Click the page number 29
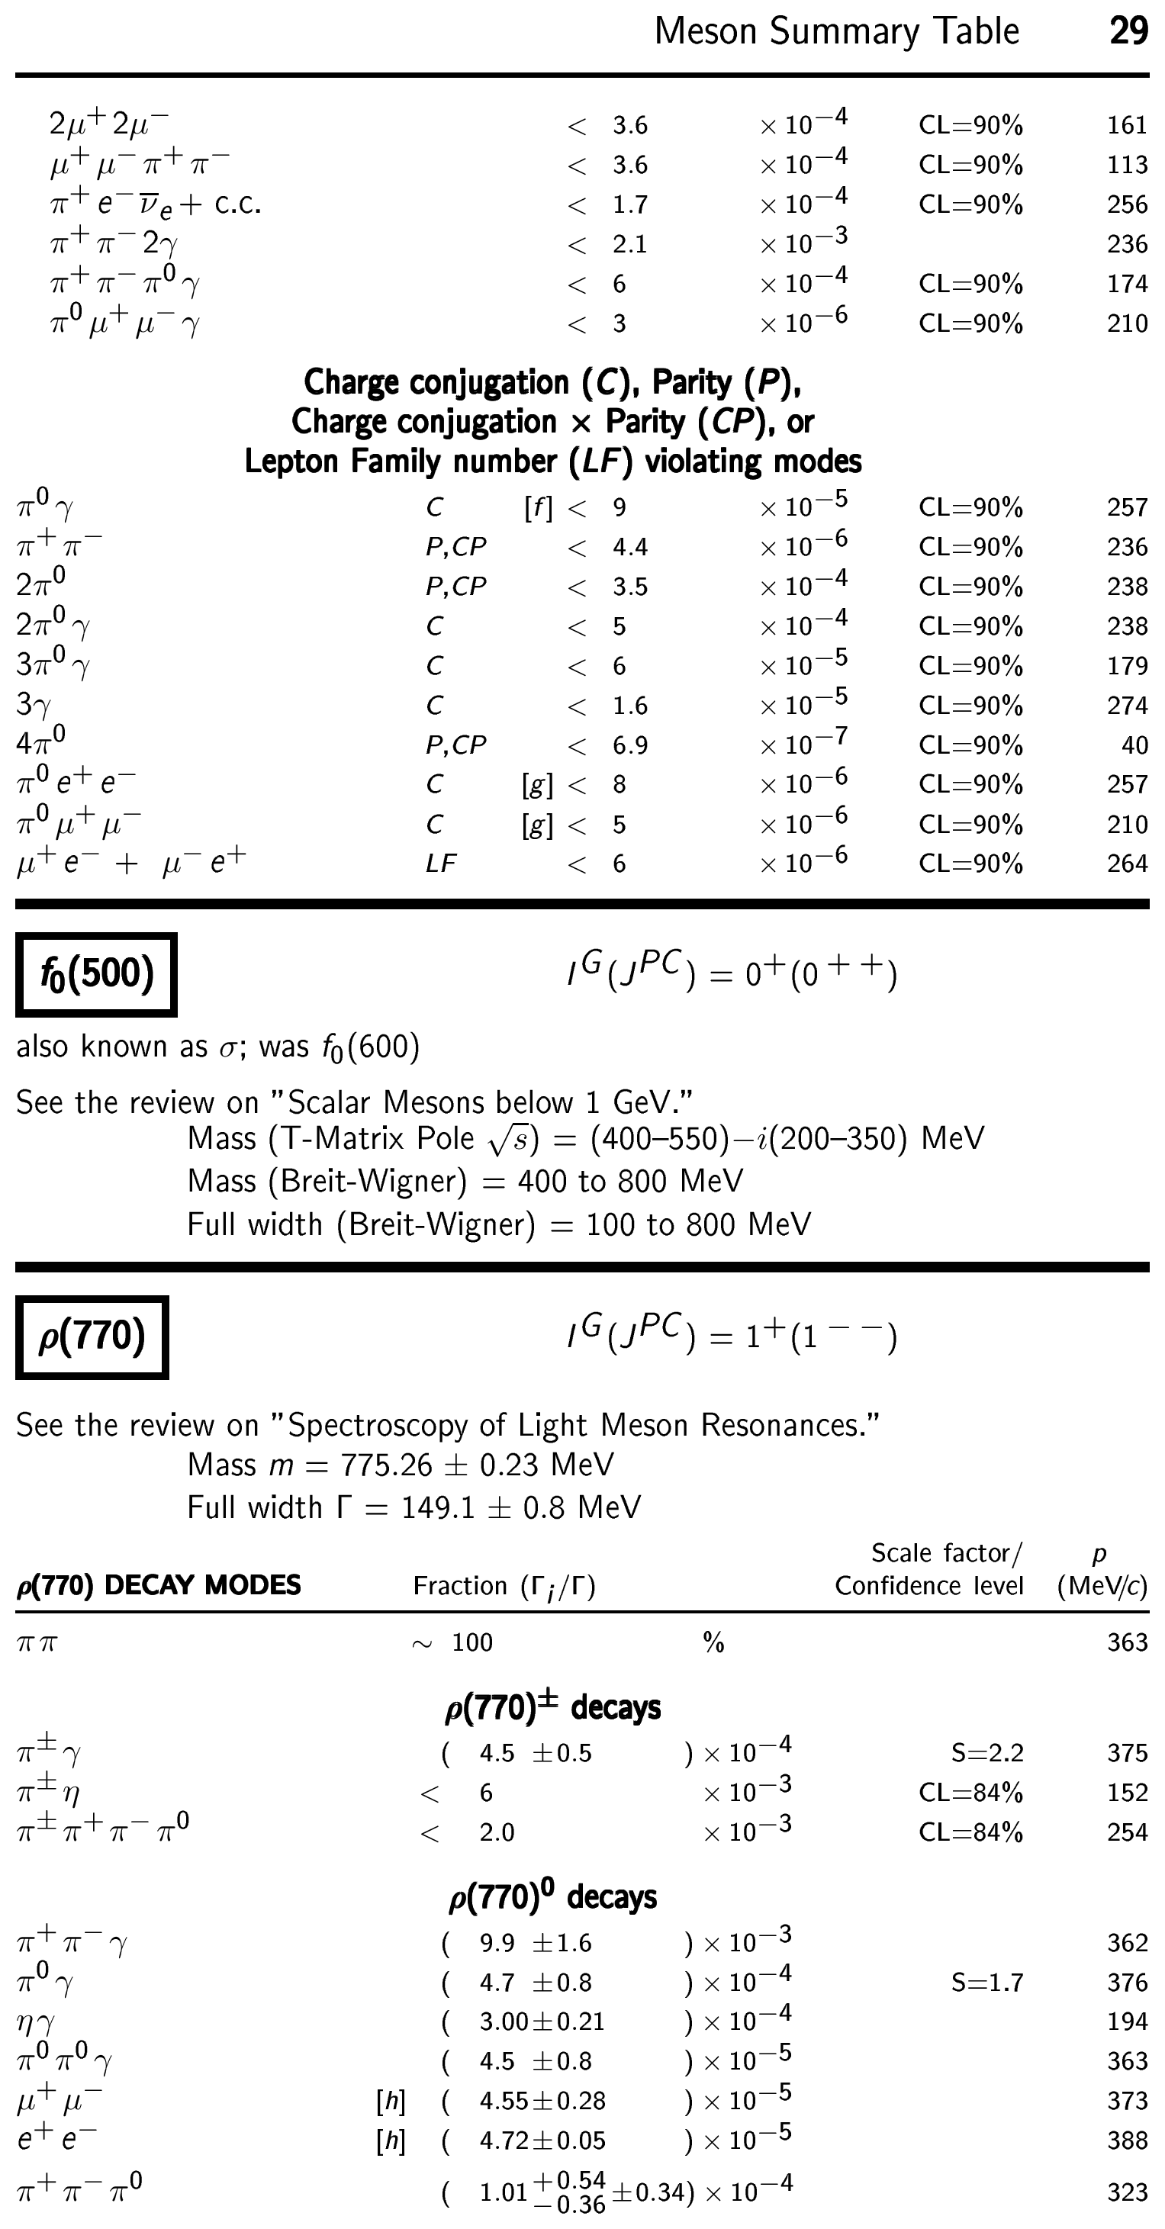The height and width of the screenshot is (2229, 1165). [1128, 31]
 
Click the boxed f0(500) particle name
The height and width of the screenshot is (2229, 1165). [96, 973]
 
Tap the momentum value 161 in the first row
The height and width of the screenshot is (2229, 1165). [1127, 125]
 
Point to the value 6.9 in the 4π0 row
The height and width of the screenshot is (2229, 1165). [629, 745]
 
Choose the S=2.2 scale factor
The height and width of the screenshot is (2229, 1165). [986, 1754]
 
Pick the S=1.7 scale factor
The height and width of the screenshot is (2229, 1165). [986, 1983]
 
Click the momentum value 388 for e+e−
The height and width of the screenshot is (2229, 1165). [1127, 2141]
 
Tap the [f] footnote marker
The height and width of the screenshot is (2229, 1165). [538, 508]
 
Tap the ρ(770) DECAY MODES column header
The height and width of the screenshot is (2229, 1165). [159, 1585]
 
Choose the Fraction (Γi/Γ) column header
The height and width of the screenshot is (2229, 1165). [504, 1586]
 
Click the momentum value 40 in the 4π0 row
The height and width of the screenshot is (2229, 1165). [1134, 745]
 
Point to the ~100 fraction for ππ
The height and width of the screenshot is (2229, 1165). [452, 1642]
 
